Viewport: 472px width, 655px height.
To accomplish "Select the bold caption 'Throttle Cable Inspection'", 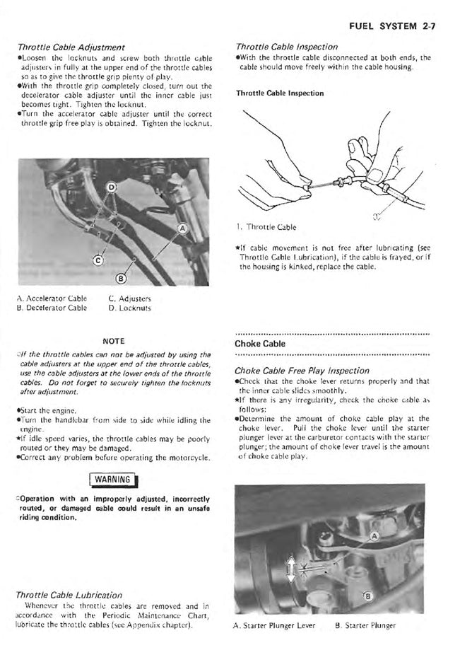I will click(280, 93).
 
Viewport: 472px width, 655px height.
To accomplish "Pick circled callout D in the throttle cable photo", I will click(110, 187).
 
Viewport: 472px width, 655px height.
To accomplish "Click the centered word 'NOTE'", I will click(114, 340).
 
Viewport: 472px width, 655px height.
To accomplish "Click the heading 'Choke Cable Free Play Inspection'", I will click(302, 370).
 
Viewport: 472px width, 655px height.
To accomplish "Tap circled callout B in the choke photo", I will click(365, 596).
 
